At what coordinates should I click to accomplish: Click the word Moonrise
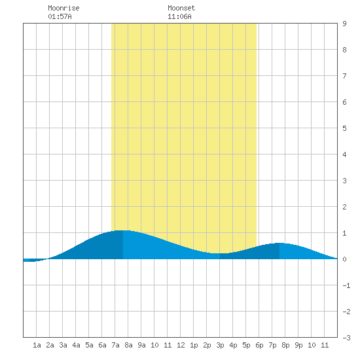pos(63,8)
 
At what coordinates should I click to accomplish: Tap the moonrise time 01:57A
pos(60,16)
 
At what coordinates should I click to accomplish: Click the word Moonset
pos(181,8)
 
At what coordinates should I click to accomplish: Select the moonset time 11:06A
pos(179,16)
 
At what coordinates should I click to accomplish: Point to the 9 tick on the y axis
pos(344,24)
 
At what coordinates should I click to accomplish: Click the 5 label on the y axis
pos(344,128)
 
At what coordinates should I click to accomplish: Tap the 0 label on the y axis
pos(344,259)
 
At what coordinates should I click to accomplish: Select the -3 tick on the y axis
pos(346,338)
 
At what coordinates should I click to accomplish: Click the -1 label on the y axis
pos(346,285)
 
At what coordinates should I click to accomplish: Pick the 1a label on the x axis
pos(37,345)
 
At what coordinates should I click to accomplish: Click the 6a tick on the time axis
pos(102,345)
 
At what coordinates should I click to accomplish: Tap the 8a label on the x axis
pos(128,345)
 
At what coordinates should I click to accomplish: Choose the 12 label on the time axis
pos(181,345)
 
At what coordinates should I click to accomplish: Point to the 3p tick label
pos(220,345)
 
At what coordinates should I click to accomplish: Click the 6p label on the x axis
pos(259,345)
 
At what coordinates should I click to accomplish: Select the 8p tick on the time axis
pos(285,345)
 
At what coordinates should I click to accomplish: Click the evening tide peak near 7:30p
pos(279,243)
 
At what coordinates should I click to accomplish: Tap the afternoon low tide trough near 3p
pos(220,253)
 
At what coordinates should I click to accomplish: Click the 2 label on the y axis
pos(344,207)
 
